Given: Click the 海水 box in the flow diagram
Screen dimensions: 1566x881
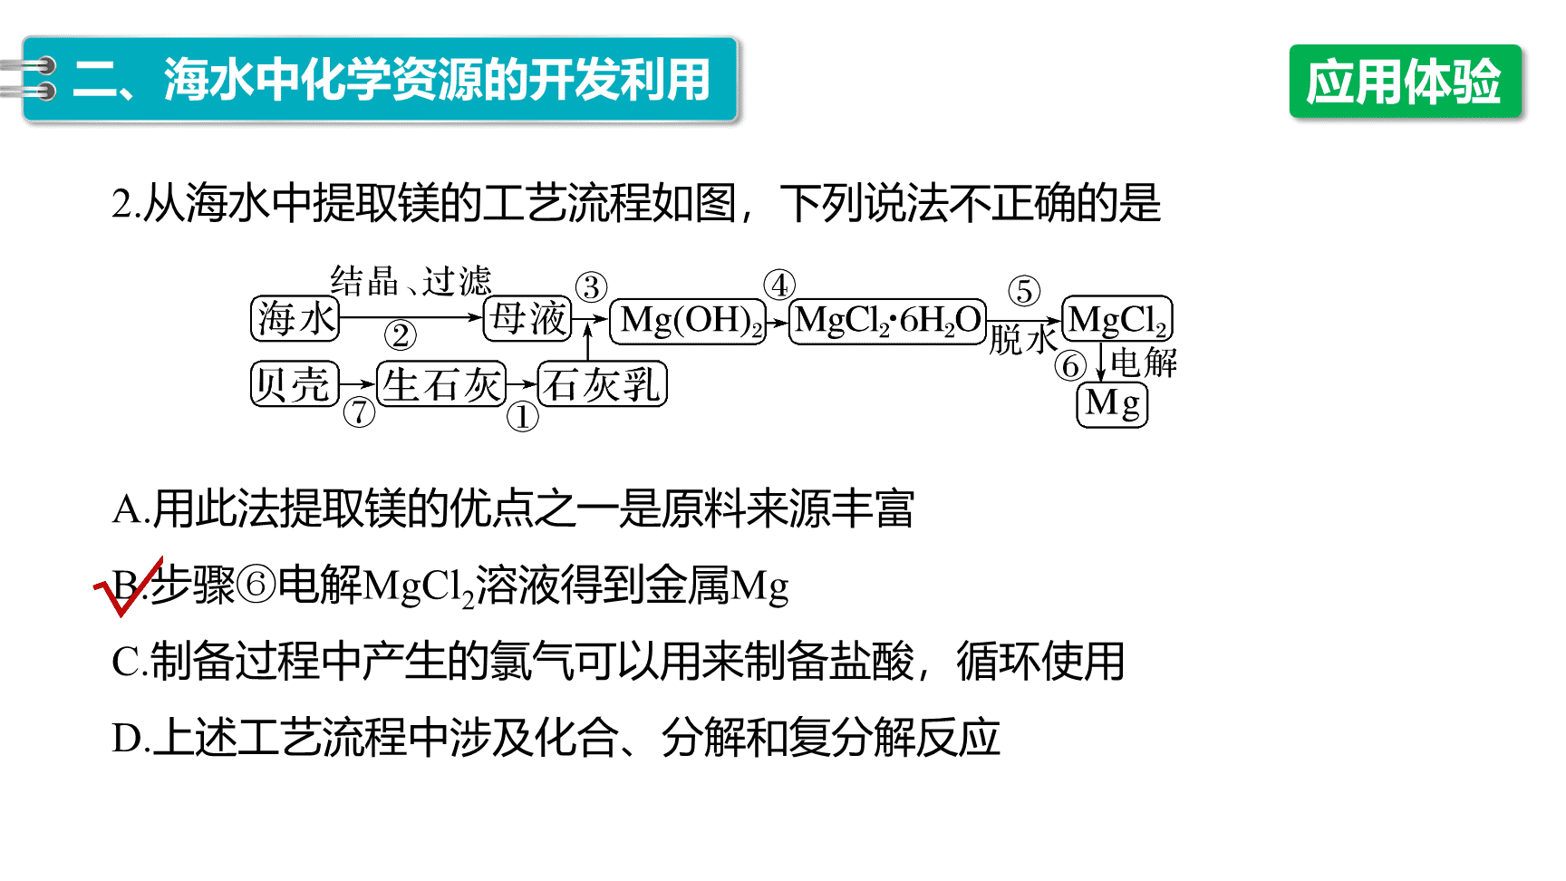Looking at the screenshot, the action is pyautogui.click(x=295, y=318).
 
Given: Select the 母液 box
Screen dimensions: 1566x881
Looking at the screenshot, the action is pyautogui.click(x=527, y=318).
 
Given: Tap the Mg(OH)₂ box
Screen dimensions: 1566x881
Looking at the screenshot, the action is pyautogui.click(x=688, y=322).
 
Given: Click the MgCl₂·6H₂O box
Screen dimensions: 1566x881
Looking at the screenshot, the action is pyautogui.click(x=887, y=322).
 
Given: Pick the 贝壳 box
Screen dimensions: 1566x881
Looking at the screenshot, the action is pyautogui.click(x=295, y=383).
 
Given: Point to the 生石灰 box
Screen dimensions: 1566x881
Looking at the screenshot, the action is pyautogui.click(x=441, y=383).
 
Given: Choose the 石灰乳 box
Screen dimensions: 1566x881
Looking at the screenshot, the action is pyautogui.click(x=603, y=383).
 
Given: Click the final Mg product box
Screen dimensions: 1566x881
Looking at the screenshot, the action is pyautogui.click(x=1112, y=404).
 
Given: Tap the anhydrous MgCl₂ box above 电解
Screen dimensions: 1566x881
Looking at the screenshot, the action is pyautogui.click(x=1117, y=319).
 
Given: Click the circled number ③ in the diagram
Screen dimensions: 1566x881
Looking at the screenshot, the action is pyautogui.click(x=591, y=287).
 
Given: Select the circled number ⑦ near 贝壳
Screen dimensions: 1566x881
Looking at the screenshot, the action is pyautogui.click(x=359, y=412).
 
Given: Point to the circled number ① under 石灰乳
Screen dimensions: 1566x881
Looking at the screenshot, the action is pyautogui.click(x=522, y=417).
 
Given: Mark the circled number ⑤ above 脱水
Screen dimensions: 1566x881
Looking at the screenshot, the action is pyautogui.click(x=1024, y=291).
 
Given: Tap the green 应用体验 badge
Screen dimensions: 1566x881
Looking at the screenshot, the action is pyautogui.click(x=1405, y=82).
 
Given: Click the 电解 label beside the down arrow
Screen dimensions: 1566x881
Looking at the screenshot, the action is pyautogui.click(x=1144, y=363).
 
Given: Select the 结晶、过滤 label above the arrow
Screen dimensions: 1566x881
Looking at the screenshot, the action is pyautogui.click(x=411, y=281).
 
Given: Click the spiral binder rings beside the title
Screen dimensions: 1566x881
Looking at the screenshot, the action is pyautogui.click(x=29, y=78).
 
